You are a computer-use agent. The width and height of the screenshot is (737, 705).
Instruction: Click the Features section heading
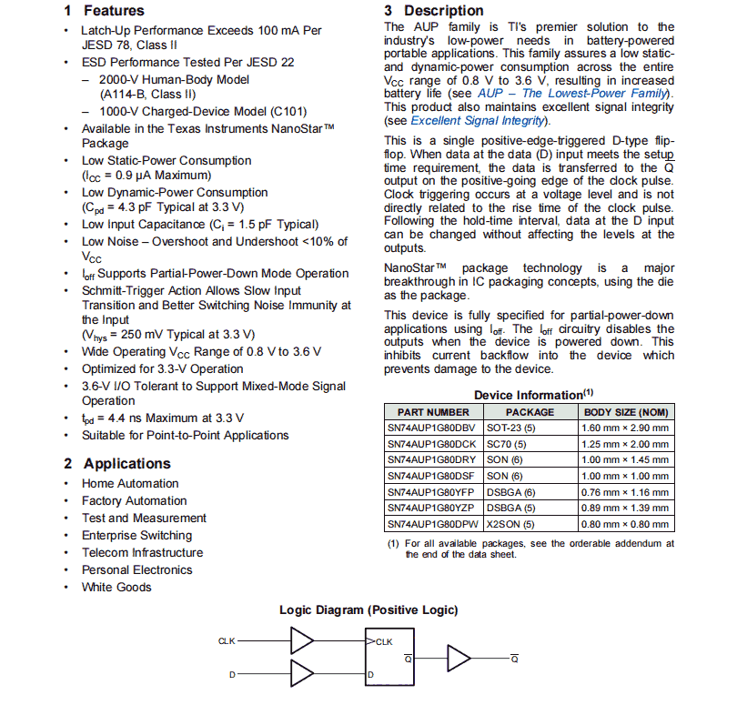coord(104,11)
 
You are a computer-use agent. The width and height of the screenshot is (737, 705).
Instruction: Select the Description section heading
coord(433,11)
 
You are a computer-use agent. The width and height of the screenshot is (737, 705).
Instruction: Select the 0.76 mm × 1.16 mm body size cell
coord(624,492)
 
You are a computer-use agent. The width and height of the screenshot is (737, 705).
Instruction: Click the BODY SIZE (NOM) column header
coord(624,412)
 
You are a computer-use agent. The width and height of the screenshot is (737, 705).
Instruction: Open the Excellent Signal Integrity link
coord(479,120)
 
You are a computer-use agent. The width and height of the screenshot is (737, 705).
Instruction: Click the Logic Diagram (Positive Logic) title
coord(368,609)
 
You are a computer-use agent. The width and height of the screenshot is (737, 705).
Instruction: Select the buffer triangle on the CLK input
coord(301,641)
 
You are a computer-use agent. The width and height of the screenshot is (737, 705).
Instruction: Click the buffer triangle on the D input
coord(301,674)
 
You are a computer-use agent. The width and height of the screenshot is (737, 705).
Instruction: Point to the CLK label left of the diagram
coord(227,641)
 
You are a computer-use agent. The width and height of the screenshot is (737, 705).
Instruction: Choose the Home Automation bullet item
coord(130,483)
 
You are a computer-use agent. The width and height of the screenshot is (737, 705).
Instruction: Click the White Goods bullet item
coord(116,587)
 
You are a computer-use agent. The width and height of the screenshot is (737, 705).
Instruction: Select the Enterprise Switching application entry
coord(136,535)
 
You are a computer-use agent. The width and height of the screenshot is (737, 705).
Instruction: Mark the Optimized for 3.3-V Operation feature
coord(162,368)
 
